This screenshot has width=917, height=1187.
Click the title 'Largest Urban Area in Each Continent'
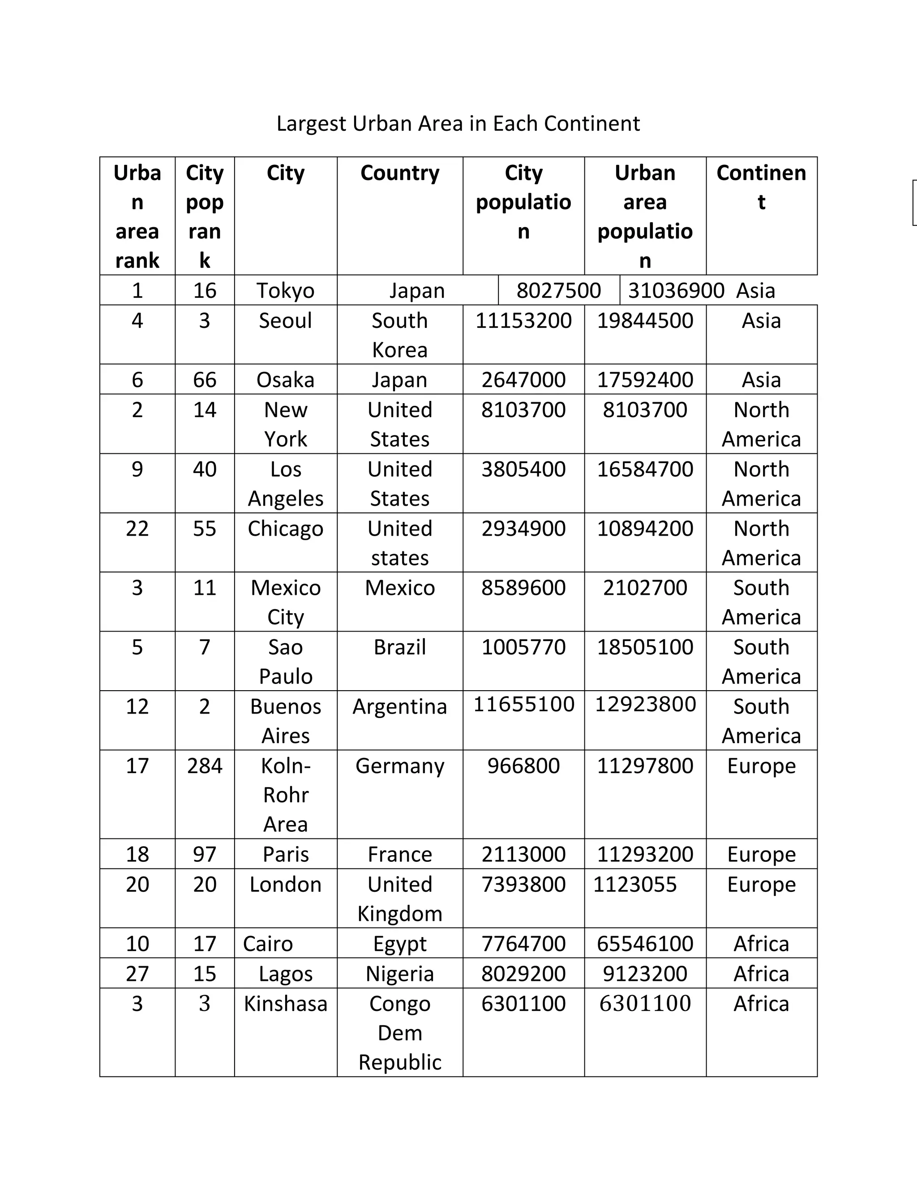(x=458, y=123)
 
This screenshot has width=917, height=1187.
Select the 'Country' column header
(x=400, y=173)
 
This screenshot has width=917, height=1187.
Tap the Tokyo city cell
(x=285, y=290)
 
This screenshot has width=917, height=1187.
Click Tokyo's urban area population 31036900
(x=676, y=290)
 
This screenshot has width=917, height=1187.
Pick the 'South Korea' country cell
(x=400, y=335)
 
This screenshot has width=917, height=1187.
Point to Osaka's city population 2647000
(x=523, y=379)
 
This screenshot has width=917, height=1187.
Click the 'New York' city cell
(x=285, y=424)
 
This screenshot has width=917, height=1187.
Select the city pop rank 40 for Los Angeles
(x=204, y=469)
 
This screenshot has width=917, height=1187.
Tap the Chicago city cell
(x=285, y=528)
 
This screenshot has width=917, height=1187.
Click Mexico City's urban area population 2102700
(x=645, y=588)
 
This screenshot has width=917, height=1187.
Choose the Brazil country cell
(x=400, y=647)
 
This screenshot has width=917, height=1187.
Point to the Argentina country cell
(x=400, y=706)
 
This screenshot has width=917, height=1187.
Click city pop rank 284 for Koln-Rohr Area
(x=204, y=766)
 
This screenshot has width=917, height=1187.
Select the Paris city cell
(x=285, y=854)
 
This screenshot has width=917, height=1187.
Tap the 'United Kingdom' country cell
(x=400, y=899)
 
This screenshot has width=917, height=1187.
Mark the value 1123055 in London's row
(x=634, y=884)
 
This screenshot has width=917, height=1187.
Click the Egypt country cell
(x=400, y=943)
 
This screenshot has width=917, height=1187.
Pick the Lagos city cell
(x=285, y=973)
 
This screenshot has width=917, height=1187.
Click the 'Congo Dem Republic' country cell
(x=400, y=1032)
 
